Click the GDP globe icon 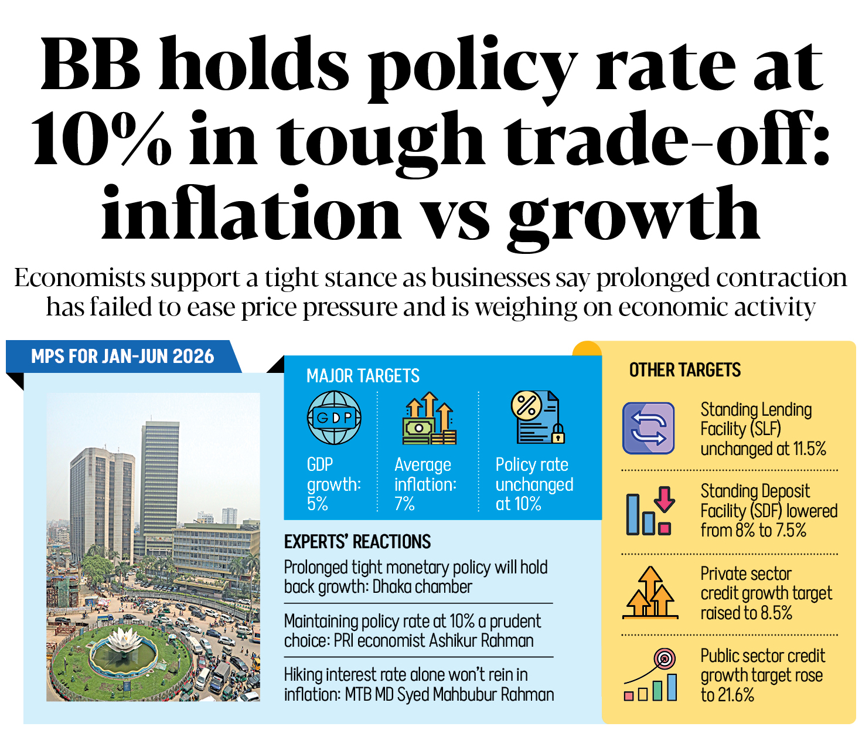(334, 418)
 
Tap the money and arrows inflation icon (430, 418)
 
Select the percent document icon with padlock (537, 417)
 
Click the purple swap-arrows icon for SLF (648, 428)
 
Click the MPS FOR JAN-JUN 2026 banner (122, 356)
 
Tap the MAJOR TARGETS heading (363, 376)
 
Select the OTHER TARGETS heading (684, 370)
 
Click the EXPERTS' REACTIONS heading (357, 541)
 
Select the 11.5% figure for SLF (809, 449)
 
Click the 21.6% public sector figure (735, 695)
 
